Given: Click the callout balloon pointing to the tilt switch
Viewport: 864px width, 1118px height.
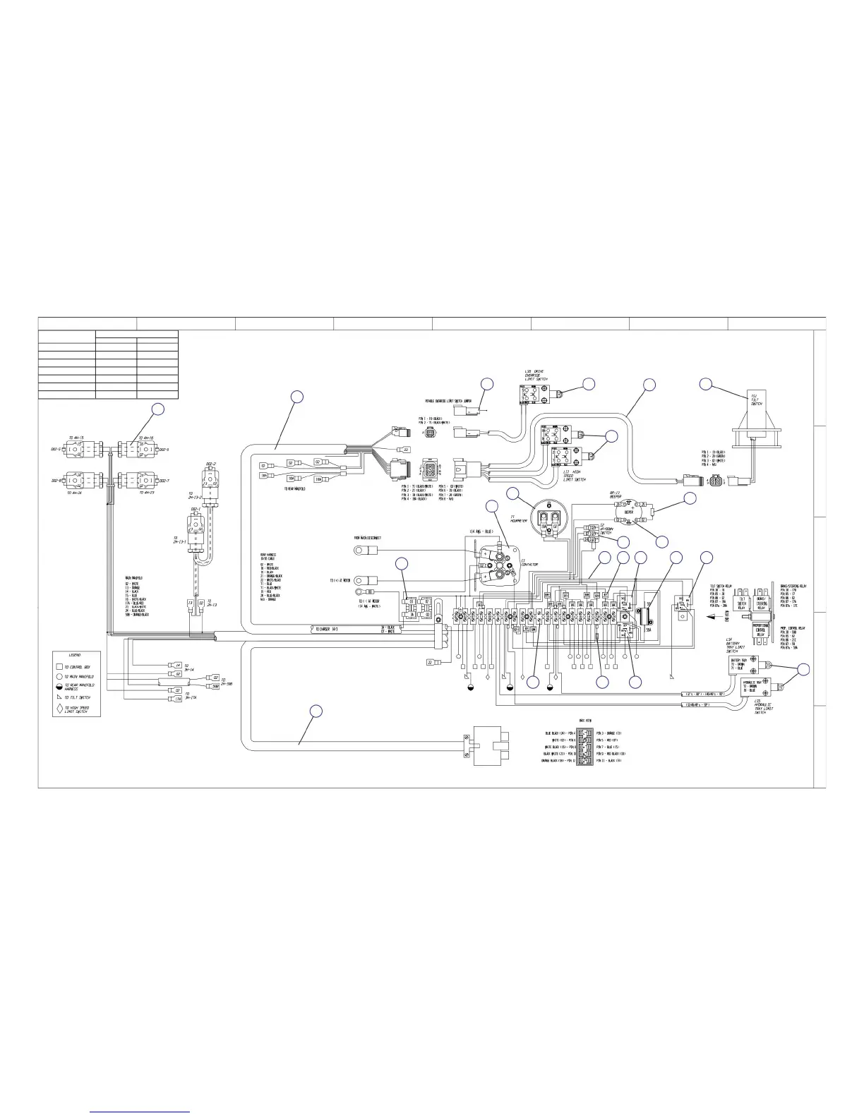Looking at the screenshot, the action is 706,383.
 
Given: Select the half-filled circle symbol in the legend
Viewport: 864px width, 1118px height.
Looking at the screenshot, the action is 60,686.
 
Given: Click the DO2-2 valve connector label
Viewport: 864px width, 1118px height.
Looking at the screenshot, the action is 210,464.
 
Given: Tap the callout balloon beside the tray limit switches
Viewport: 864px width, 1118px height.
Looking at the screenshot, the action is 804,670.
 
